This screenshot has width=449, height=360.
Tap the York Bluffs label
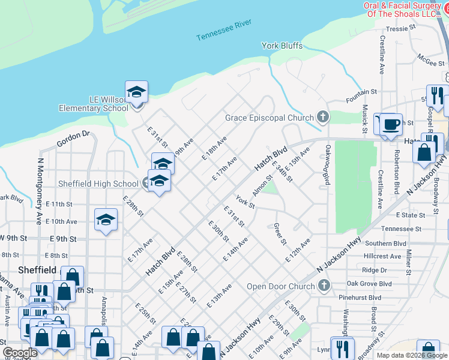[x=282, y=46]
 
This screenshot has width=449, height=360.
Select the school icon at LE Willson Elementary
[x=136, y=92]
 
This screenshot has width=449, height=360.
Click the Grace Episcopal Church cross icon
[x=323, y=117]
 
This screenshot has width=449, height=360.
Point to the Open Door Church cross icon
[x=324, y=286]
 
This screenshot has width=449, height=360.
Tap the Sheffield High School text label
[x=98, y=184]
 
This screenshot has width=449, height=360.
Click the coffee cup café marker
[x=391, y=124]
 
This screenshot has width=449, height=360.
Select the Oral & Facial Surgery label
[x=406, y=10]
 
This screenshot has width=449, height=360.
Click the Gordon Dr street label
[x=73, y=139]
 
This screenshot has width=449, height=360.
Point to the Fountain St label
[x=361, y=92]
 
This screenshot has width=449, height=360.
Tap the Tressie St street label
[x=402, y=28]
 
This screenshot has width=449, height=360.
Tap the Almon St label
[x=262, y=185]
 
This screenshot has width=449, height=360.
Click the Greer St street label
[x=280, y=234]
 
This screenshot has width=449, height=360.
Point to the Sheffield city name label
[x=37, y=270]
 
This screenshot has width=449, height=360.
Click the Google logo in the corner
[x=20, y=353]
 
